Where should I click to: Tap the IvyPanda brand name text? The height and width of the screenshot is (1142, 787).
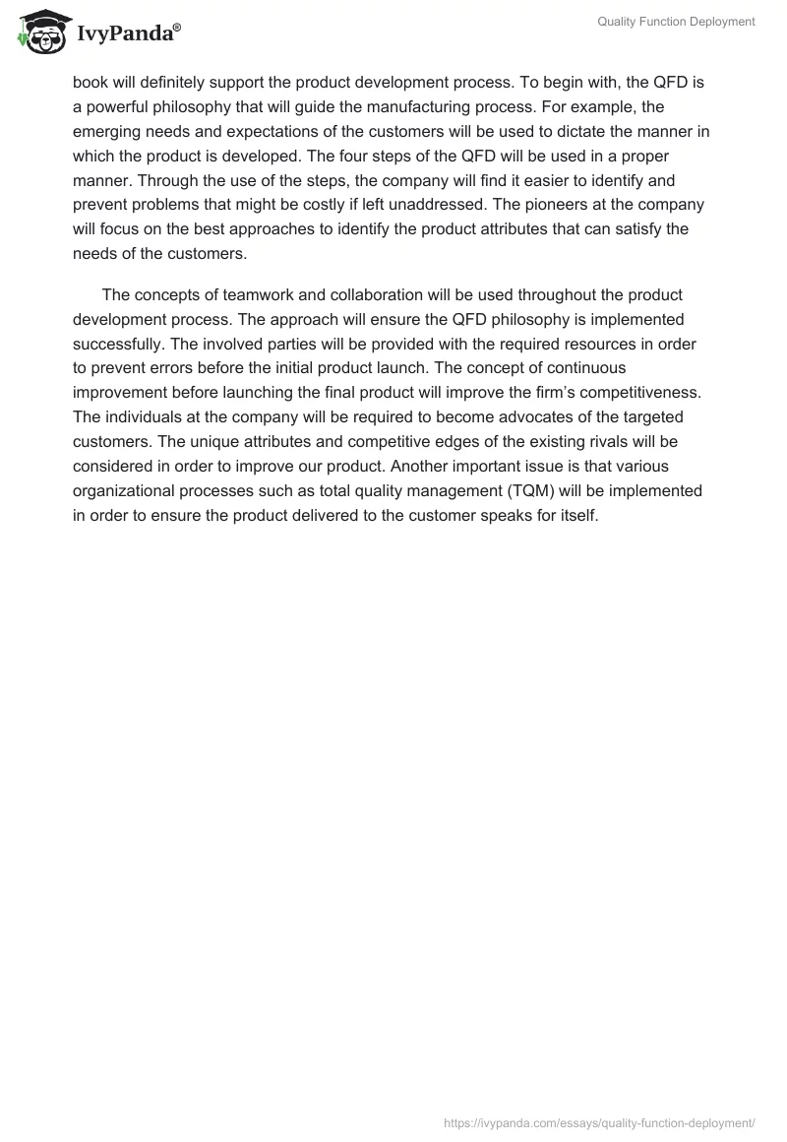pos(127,33)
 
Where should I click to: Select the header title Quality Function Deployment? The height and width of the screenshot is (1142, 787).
pos(676,22)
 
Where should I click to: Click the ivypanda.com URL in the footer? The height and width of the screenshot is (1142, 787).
pos(599,1121)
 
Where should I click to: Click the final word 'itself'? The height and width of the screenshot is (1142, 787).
pos(575,515)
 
